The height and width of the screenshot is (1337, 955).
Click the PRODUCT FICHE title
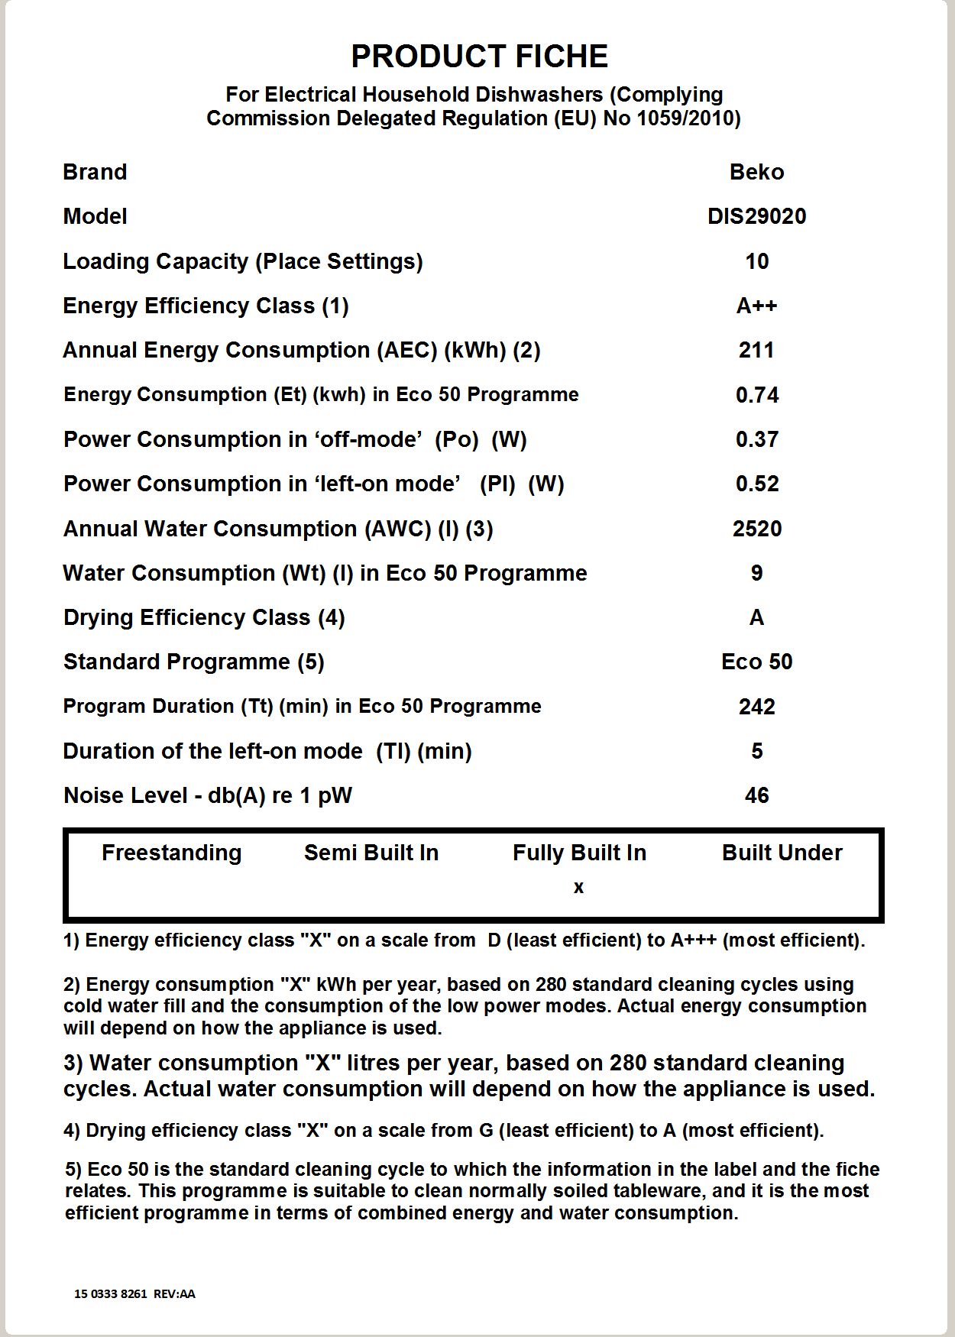(479, 57)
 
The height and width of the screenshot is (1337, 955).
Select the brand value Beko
(756, 172)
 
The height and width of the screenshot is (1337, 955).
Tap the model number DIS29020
(756, 216)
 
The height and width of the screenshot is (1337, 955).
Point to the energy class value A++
(756, 306)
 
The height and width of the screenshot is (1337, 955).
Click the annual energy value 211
(756, 350)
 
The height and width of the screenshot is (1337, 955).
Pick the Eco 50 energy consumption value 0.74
(756, 395)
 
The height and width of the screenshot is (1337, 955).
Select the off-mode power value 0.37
(756, 439)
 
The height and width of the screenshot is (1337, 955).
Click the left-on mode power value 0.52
(756, 484)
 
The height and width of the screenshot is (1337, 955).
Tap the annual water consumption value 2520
(756, 529)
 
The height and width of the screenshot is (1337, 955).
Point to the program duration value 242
(756, 707)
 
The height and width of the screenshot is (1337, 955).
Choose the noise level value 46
(756, 795)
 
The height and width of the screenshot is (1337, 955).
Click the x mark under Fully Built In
(578, 888)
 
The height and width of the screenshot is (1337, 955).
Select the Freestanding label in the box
(171, 853)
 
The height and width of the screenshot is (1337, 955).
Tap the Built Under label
(782, 853)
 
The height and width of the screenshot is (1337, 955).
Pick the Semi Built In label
(371, 853)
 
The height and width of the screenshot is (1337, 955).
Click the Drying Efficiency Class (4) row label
(204, 617)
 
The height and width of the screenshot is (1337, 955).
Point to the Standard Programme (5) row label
(194, 662)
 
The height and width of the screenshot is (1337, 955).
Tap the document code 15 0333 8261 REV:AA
(134, 1293)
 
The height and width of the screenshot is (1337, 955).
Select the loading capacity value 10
(756, 261)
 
